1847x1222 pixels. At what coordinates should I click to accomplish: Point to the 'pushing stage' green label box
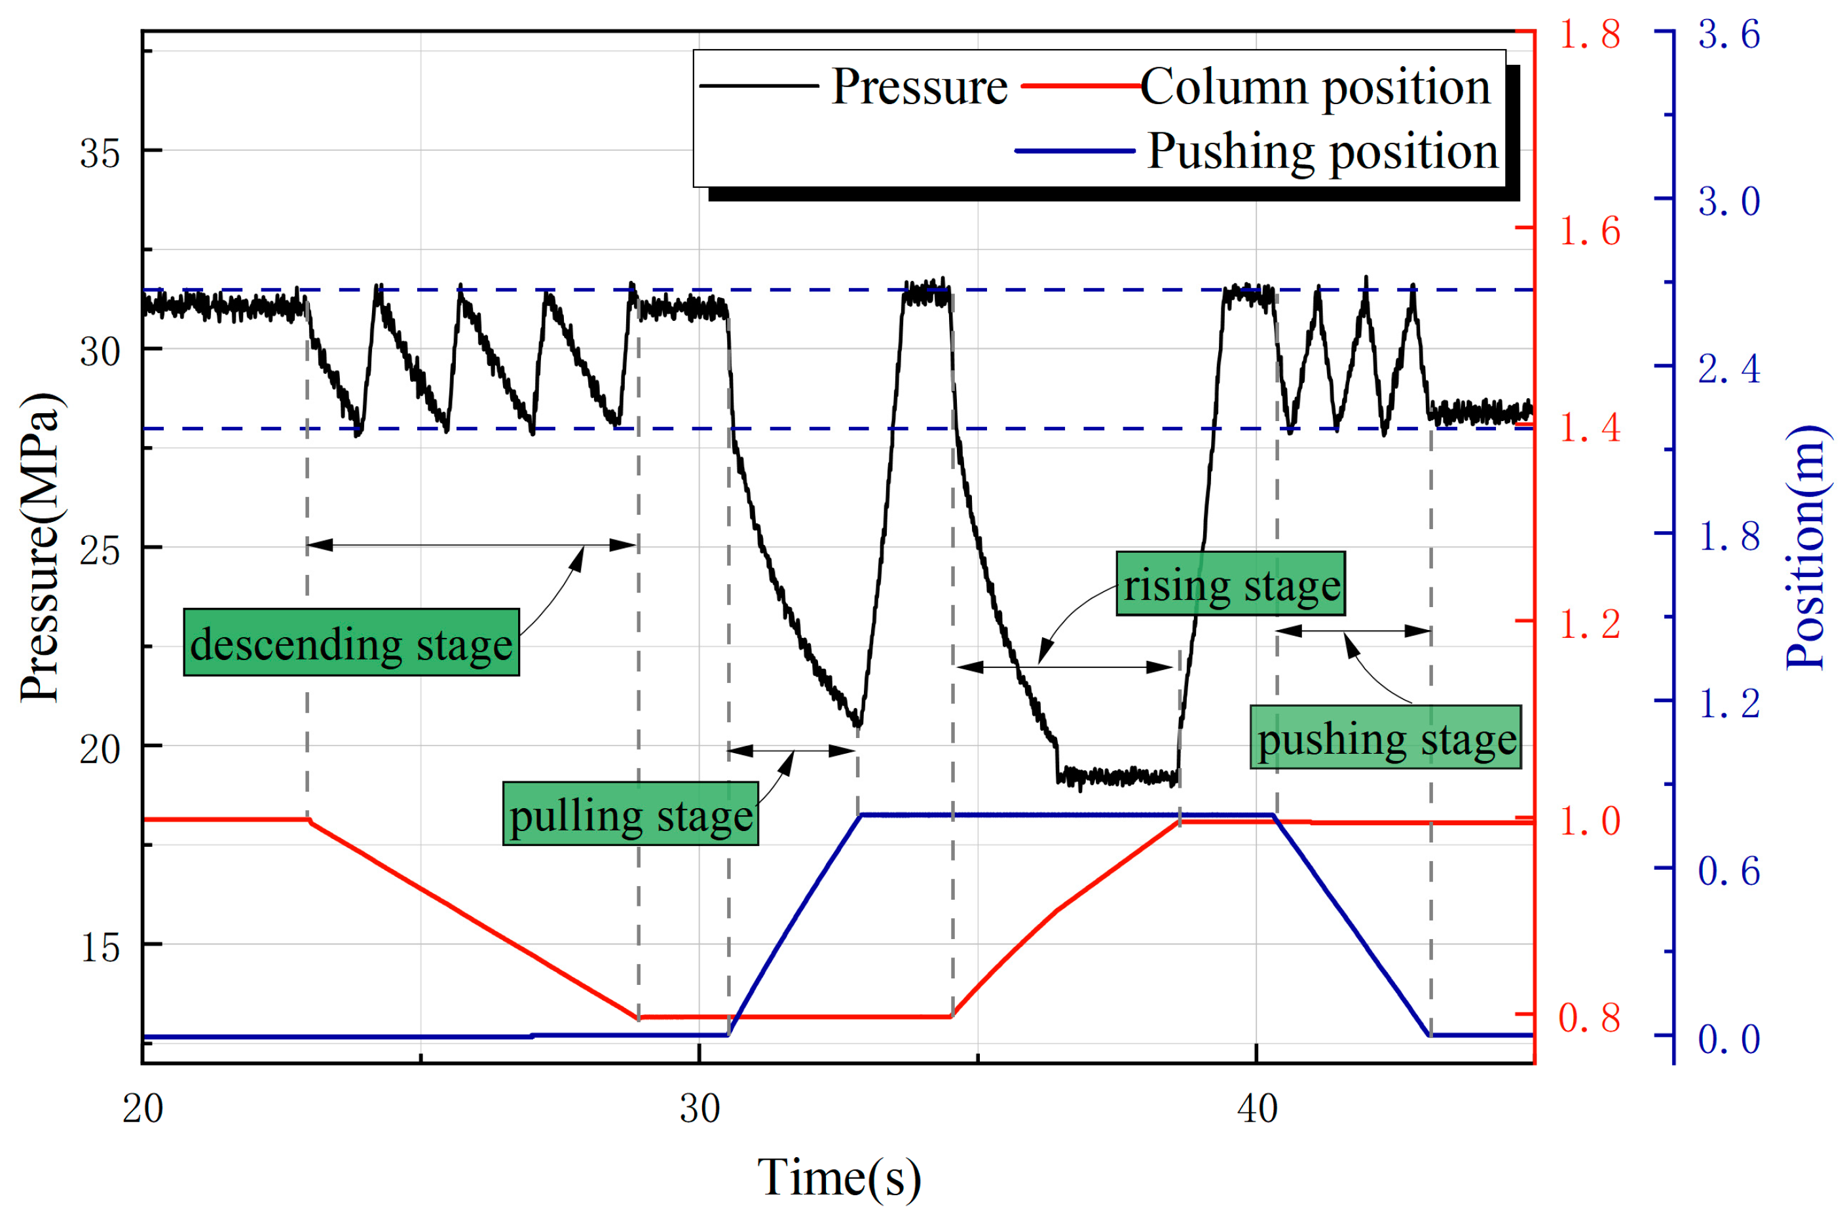[1385, 738]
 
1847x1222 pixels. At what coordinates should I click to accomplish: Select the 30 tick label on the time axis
[699, 1109]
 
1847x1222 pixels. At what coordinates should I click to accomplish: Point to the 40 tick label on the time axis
[1256, 1109]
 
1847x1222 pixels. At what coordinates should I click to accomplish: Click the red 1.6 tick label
[1588, 231]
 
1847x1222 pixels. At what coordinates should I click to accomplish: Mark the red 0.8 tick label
[1588, 1018]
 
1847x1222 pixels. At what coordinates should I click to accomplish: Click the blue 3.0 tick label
[1728, 202]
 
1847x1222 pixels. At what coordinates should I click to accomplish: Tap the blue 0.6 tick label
[1728, 871]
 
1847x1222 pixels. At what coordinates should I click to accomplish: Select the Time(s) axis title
[838, 1177]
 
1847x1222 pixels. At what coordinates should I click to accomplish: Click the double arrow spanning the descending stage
[472, 545]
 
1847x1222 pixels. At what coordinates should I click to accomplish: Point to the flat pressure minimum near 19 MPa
[1117, 776]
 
